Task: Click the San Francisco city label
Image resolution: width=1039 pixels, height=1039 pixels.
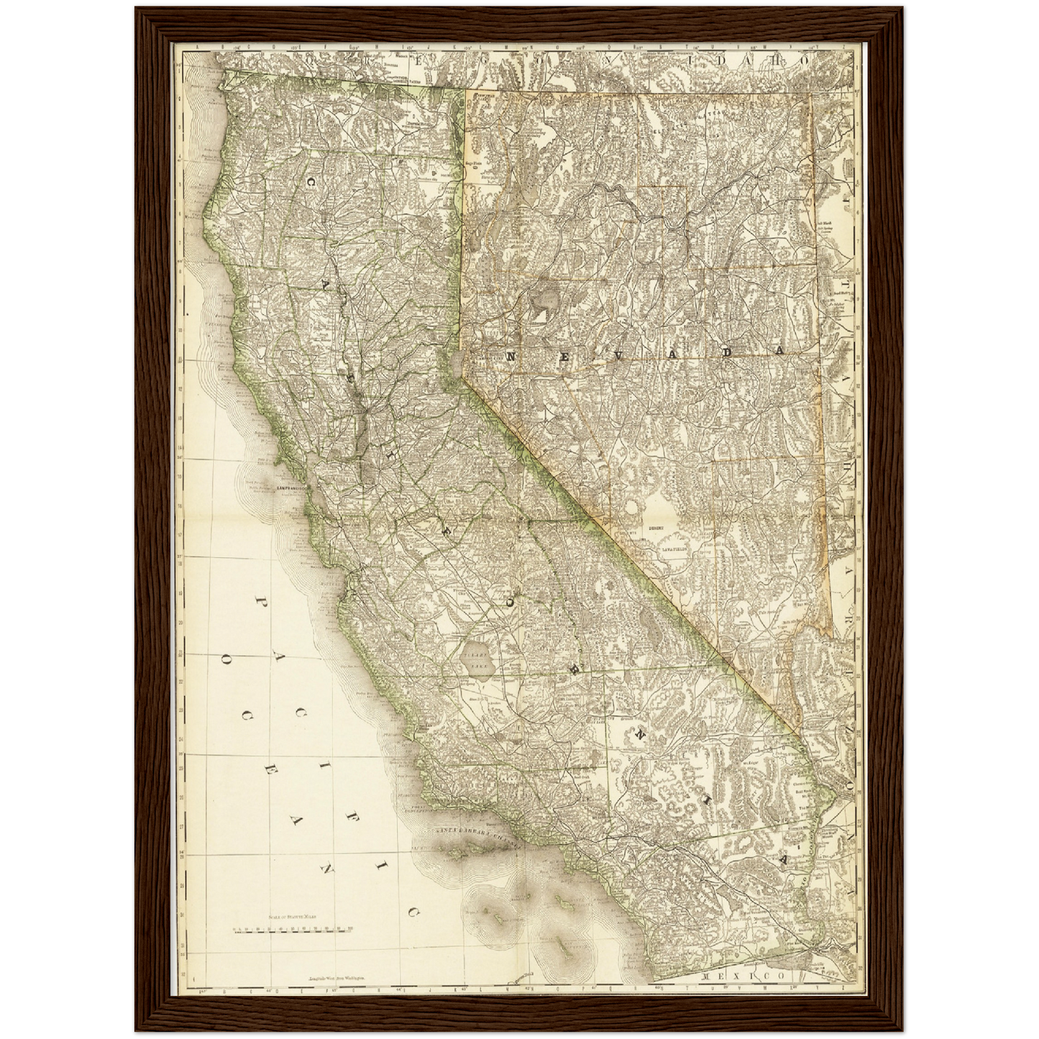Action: pyautogui.click(x=291, y=488)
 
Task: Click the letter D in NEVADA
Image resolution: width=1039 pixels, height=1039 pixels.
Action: pyautogui.click(x=727, y=352)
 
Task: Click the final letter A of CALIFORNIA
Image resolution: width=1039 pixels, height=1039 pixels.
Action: pyautogui.click(x=784, y=860)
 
